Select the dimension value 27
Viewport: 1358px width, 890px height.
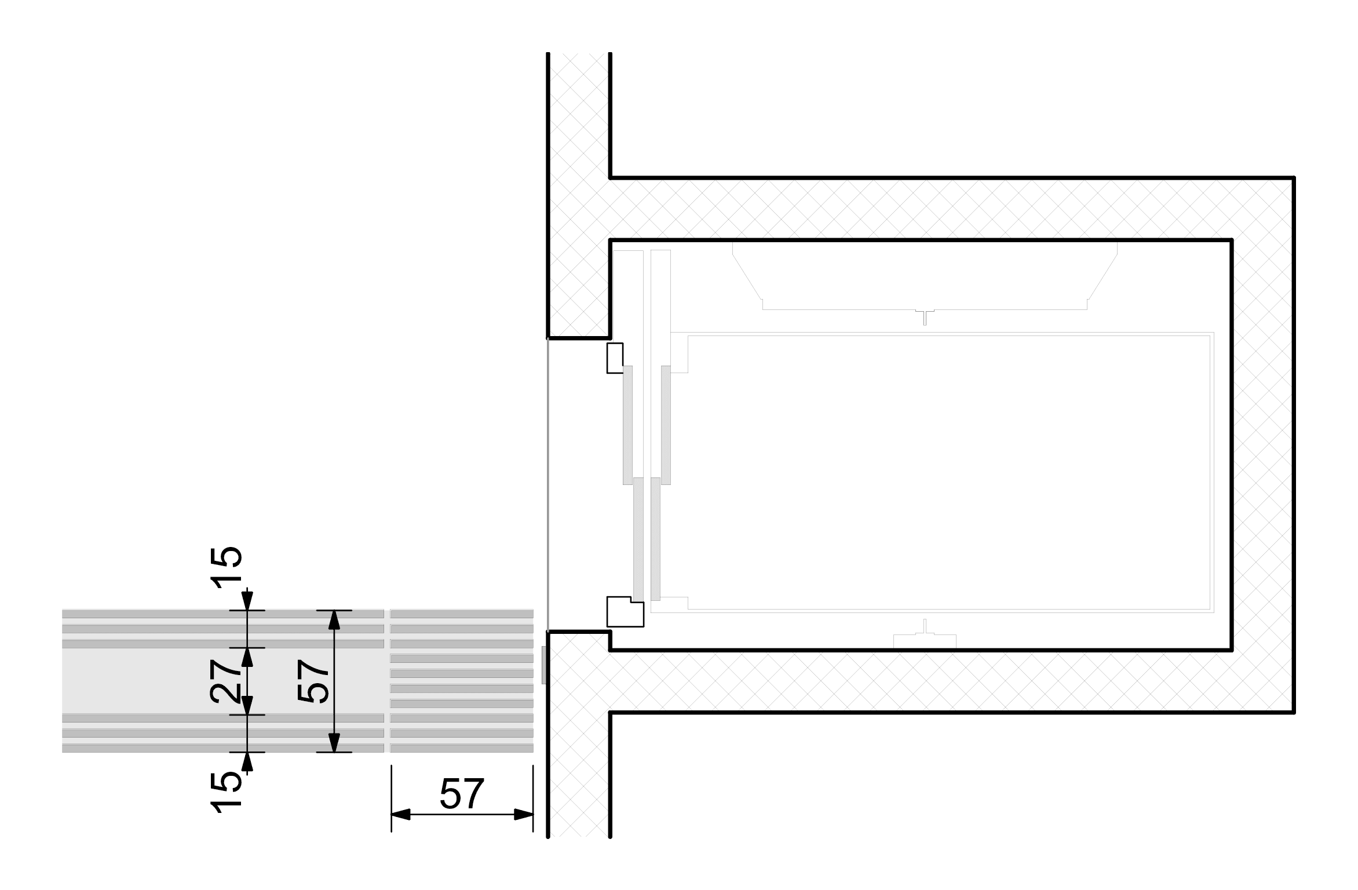pos(226,681)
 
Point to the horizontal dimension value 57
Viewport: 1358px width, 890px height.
pos(461,794)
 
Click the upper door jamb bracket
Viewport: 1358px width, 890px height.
pos(615,358)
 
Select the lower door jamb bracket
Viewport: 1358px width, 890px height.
pos(625,611)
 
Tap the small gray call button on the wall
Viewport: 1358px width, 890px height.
pos(544,665)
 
